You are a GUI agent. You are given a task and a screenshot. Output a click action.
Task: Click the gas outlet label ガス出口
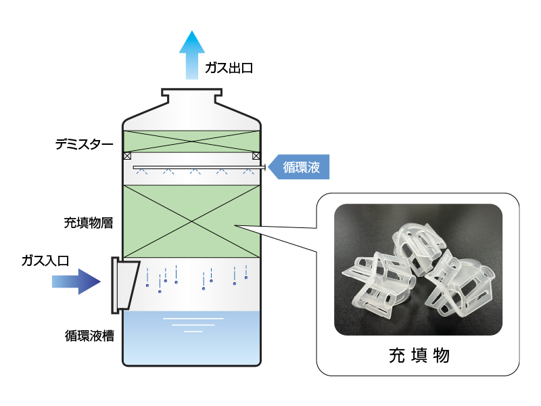[229, 68]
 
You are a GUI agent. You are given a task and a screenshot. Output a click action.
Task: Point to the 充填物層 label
[84, 221]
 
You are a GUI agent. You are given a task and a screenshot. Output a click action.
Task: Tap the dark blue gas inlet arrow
[76, 281]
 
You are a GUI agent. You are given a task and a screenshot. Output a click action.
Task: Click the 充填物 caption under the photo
[419, 354]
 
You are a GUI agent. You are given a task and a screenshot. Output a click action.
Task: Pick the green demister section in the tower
[191, 141]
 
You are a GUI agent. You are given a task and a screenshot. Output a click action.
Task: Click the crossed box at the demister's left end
[127, 156]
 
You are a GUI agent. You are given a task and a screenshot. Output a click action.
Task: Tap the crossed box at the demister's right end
[256, 156]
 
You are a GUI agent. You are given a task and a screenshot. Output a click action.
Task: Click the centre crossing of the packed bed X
[191, 221]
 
